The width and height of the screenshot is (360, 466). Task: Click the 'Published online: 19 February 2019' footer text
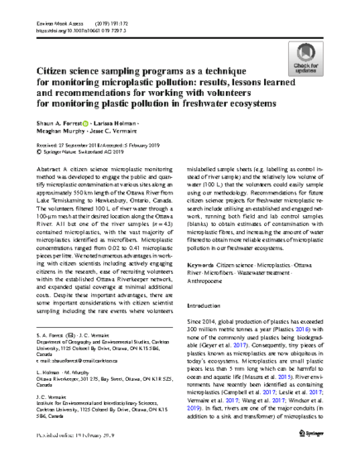tap(76, 457)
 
